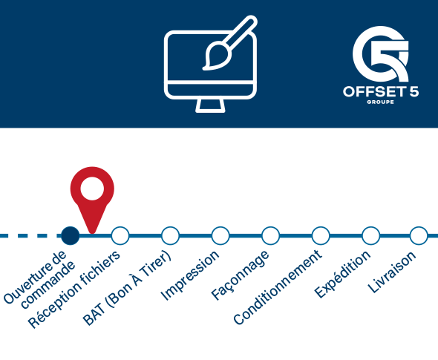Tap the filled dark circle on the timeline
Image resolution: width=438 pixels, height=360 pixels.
click(71, 236)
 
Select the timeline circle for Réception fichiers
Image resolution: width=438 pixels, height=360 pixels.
click(120, 236)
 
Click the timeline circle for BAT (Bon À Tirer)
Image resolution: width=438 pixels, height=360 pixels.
click(171, 236)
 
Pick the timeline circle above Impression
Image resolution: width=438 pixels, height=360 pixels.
click(220, 236)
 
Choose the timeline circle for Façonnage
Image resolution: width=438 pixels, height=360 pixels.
click(270, 236)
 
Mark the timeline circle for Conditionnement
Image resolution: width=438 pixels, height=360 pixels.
click(321, 236)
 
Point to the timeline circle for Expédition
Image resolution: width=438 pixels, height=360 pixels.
click(370, 236)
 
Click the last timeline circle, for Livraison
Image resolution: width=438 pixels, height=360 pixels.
click(419, 236)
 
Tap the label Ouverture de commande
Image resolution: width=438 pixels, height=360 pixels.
click(39, 279)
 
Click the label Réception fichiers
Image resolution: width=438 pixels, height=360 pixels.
click(74, 289)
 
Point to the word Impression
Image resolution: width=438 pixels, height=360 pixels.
click(189, 275)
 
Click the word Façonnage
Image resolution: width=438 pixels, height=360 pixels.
click(241, 275)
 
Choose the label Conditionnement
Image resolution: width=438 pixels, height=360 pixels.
click(278, 287)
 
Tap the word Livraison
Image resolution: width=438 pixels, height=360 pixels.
click(392, 272)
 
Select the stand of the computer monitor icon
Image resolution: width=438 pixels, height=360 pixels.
click(210, 105)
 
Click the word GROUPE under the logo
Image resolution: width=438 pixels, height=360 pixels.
click(380, 102)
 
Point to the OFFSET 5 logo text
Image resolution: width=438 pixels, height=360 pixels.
click(381, 91)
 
